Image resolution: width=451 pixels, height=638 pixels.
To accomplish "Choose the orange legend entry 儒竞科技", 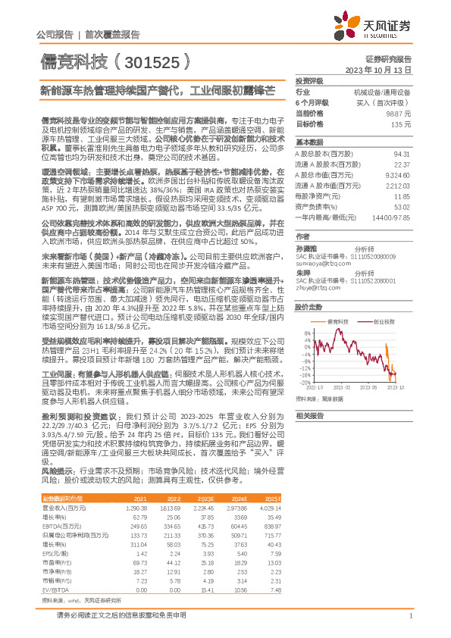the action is click(338, 322).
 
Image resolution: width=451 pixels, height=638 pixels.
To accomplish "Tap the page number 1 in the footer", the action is click(409, 615).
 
